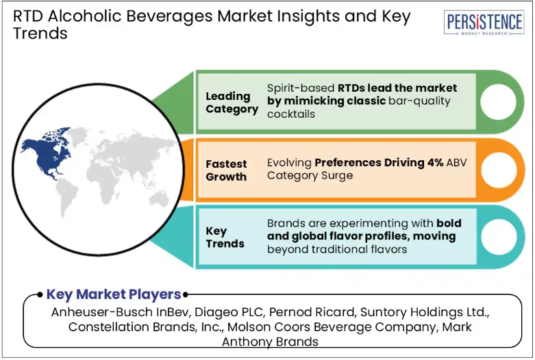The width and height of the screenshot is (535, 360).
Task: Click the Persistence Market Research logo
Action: click(x=484, y=23)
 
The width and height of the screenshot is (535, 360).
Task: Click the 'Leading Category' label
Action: click(x=232, y=103)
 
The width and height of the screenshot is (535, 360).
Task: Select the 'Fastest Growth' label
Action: click(x=226, y=170)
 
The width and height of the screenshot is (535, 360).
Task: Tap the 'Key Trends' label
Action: click(x=225, y=237)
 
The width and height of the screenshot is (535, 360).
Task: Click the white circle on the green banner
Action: click(x=498, y=101)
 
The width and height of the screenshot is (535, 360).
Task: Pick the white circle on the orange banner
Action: click(x=499, y=170)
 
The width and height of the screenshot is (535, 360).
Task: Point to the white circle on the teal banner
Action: click(x=499, y=237)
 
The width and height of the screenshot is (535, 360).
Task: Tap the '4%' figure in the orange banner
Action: click(x=435, y=163)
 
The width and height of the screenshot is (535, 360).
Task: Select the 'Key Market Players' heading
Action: click(x=114, y=294)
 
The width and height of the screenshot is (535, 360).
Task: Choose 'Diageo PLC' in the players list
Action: click(x=229, y=312)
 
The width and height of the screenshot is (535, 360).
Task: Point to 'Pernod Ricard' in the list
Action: click(x=313, y=312)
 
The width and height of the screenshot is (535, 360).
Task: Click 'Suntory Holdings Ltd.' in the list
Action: click(x=425, y=312)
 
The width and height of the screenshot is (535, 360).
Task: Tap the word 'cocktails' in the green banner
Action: click(x=291, y=114)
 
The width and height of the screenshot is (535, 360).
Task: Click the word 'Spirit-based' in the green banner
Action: click(x=301, y=88)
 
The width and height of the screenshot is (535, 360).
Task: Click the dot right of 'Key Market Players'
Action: click(x=185, y=294)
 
